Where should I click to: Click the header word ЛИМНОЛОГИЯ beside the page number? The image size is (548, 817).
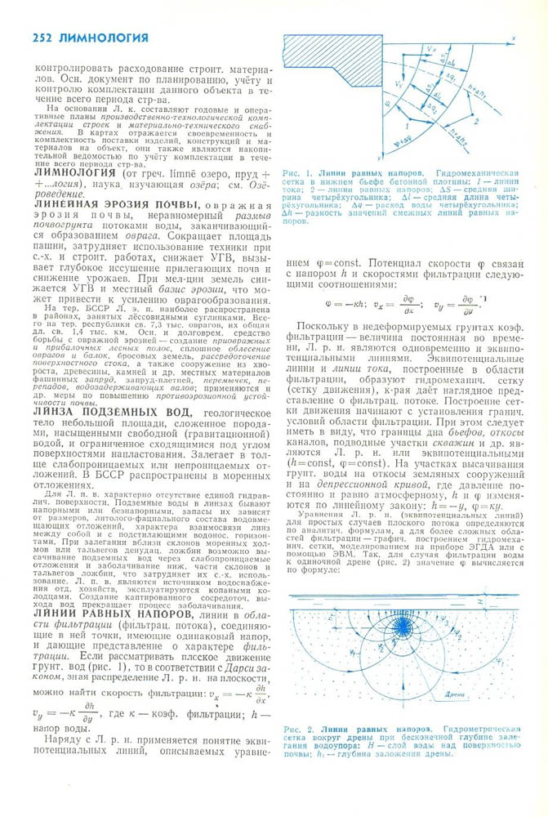pos(104,38)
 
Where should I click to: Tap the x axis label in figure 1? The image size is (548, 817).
pos(511,38)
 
